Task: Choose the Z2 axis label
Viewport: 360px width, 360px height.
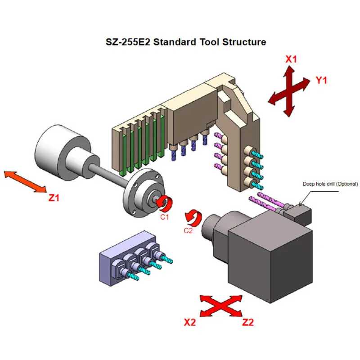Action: click(248, 322)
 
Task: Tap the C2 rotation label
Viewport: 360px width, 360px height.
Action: click(189, 231)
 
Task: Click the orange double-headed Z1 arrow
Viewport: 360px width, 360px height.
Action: click(25, 182)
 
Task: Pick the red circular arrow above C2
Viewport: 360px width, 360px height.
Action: click(194, 218)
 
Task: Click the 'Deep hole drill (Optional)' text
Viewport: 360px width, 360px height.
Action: click(330, 184)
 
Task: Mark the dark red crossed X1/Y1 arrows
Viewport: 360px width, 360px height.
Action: click(288, 90)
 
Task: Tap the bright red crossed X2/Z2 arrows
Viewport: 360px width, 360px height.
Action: click(221, 306)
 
